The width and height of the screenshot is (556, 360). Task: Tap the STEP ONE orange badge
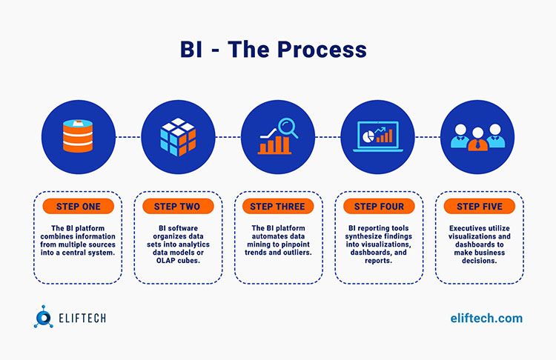click(x=79, y=206)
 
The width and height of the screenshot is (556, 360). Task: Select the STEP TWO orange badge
click(x=178, y=206)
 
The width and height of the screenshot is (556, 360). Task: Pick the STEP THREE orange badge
click(x=278, y=206)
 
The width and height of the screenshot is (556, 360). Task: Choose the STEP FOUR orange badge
click(x=379, y=206)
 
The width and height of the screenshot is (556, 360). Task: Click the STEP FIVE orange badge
click(x=480, y=206)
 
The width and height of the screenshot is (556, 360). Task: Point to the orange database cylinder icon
click(x=78, y=136)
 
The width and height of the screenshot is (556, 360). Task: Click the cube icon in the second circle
click(x=178, y=137)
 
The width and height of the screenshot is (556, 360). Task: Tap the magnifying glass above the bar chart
click(x=288, y=128)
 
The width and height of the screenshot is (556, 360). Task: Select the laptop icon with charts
click(x=378, y=137)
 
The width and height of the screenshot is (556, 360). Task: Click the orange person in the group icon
click(x=477, y=139)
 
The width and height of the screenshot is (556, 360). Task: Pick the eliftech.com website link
click(x=486, y=319)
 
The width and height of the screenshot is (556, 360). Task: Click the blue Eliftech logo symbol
click(x=43, y=317)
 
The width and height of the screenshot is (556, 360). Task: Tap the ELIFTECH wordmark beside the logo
click(x=82, y=318)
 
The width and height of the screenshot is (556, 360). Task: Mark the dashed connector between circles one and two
click(x=128, y=137)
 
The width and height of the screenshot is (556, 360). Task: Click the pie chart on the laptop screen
click(x=368, y=136)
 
